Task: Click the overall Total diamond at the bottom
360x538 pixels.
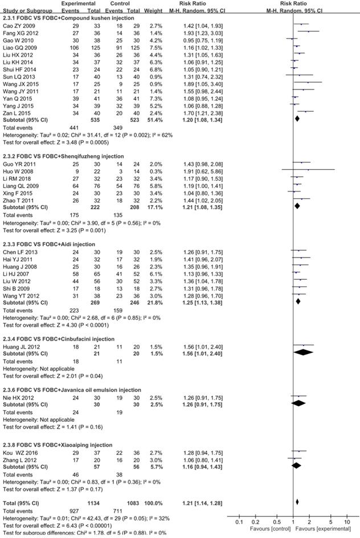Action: click(x=297, y=502)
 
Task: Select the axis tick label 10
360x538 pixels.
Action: click(x=347, y=521)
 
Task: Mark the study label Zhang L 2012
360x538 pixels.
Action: click(x=20, y=458)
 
